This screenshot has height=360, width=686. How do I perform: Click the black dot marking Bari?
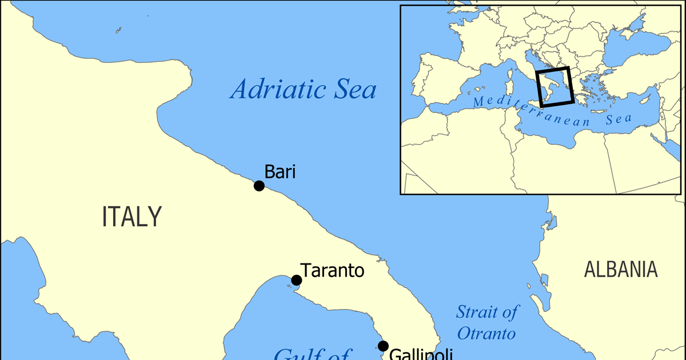point(259,186)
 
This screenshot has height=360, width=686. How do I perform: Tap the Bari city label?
point(280,171)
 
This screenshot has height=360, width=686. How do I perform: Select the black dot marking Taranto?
point(296,280)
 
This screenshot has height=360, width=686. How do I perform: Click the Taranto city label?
point(332,270)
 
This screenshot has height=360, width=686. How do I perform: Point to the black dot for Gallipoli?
point(383,346)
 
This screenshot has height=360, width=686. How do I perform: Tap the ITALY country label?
point(132,217)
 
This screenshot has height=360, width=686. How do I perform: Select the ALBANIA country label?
point(621,269)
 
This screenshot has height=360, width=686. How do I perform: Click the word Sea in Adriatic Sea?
point(356,90)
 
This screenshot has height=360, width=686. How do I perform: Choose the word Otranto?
point(486,333)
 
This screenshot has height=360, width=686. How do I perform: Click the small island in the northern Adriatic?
point(119,30)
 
